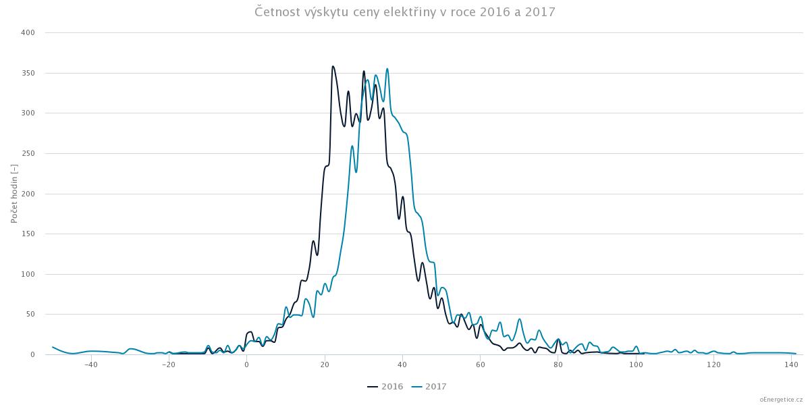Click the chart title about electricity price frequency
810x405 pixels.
click(x=405, y=12)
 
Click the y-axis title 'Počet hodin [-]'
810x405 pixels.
click(x=14, y=193)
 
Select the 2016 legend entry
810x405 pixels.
click(x=385, y=387)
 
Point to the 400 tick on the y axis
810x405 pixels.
click(x=29, y=32)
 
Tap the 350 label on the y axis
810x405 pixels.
click(x=29, y=73)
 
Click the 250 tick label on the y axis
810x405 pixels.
click(x=29, y=153)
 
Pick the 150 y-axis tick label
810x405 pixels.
click(x=29, y=234)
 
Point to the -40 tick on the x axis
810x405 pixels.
click(x=91, y=365)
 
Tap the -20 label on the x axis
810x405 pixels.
click(x=169, y=365)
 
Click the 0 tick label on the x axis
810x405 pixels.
click(x=247, y=365)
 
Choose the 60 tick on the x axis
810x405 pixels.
click(x=481, y=365)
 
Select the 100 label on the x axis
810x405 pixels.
click(x=636, y=365)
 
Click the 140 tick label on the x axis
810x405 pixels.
click(x=792, y=365)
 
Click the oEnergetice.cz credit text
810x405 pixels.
click(x=781, y=399)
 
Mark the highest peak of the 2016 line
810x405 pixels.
click(x=333, y=66)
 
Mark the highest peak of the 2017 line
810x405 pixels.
click(x=387, y=68)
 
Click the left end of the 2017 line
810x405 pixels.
click(x=52, y=347)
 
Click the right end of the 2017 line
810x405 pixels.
click(x=796, y=354)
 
